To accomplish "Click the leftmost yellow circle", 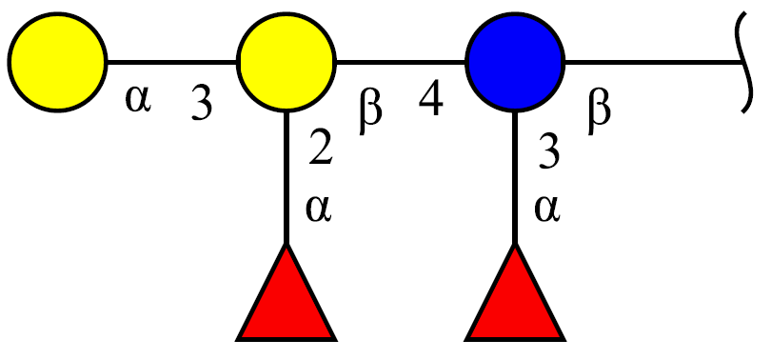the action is click(57, 62).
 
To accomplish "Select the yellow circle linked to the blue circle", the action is click(287, 62).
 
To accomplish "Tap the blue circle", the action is click(515, 62).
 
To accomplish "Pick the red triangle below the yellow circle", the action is click(287, 292).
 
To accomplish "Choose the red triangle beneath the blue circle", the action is click(515, 292).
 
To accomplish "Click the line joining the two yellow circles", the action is click(172, 63).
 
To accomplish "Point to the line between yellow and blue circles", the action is click(401, 63).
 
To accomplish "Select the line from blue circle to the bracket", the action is click(654, 63).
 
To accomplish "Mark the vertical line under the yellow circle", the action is click(287, 178).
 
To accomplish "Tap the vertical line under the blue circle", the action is click(515, 178).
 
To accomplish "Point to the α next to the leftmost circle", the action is click(138, 99).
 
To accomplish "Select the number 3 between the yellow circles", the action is click(202, 104).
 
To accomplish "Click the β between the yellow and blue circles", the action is click(369, 114).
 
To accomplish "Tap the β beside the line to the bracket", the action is click(599, 114).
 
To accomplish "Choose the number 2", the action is click(321, 149).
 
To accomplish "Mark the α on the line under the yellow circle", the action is click(319, 209).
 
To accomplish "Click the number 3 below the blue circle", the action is click(548, 152).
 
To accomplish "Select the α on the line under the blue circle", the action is click(547, 209).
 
